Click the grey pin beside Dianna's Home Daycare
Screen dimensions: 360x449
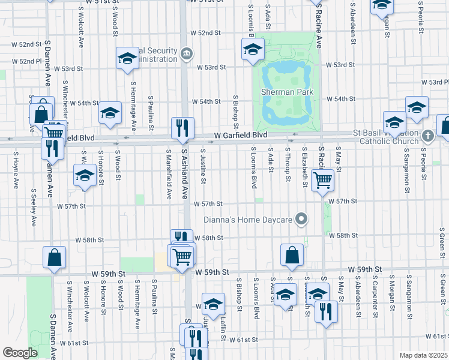302,220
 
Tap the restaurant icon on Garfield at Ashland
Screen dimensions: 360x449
182,127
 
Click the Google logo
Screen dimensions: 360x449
20,353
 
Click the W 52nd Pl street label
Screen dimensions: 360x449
17,61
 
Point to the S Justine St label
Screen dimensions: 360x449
205,167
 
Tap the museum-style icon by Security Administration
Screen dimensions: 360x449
187,54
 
